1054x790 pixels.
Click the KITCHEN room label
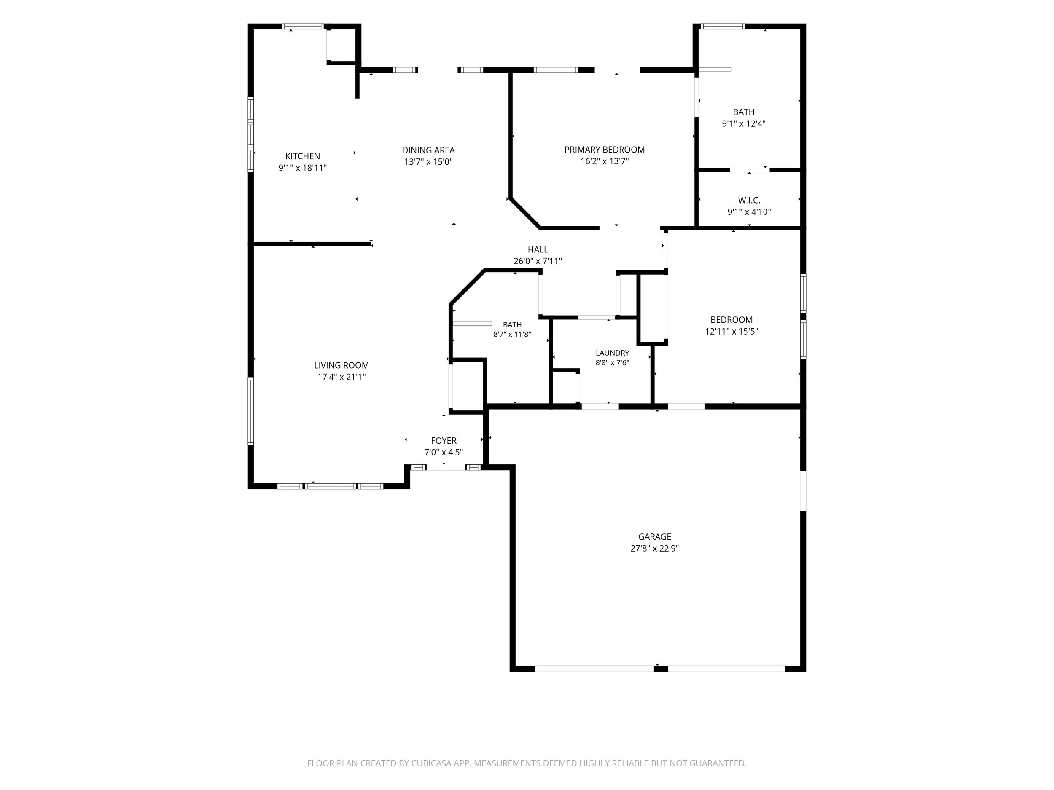pos(303,156)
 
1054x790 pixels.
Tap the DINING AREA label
pos(428,150)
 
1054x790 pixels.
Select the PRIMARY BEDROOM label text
pos(604,150)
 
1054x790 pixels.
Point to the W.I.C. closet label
pos(749,201)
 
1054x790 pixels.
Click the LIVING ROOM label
pos(341,365)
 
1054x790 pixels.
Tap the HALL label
pos(538,249)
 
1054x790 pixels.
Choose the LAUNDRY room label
pos(612,353)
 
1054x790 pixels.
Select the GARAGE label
pos(655,537)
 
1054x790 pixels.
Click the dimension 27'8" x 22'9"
pos(655,549)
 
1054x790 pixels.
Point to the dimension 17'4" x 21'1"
pos(341,377)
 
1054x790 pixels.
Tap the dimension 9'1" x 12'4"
pos(743,124)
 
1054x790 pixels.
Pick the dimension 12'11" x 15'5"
pos(731,332)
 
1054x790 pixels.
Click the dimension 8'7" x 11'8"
pos(512,334)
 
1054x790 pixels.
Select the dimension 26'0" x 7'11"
pos(538,261)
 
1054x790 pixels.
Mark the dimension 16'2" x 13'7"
pos(604,161)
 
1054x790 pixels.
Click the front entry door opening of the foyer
pos(446,468)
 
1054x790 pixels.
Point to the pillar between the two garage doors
pos(661,669)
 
